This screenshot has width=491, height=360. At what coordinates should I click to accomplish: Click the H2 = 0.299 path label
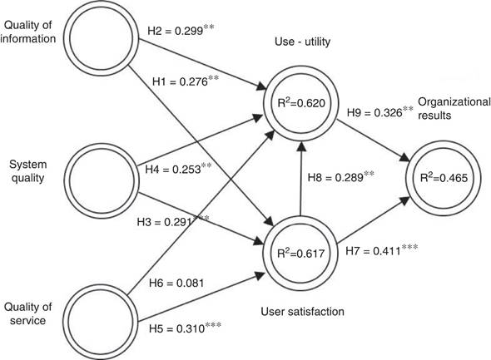(x=181, y=30)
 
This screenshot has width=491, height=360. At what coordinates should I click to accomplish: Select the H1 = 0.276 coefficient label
(x=186, y=81)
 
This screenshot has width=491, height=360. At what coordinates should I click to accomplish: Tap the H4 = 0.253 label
(x=178, y=169)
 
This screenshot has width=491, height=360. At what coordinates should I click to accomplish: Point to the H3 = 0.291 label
(x=173, y=221)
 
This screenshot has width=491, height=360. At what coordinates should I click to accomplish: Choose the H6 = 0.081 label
(x=176, y=283)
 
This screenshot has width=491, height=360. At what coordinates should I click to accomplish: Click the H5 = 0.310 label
(x=185, y=328)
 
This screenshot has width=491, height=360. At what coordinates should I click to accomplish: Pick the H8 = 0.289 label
(x=340, y=177)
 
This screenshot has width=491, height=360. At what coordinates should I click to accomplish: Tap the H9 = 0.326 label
(x=379, y=112)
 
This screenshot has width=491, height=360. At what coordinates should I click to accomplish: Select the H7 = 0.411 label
(x=382, y=251)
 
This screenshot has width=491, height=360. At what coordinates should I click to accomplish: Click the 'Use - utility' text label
(x=302, y=42)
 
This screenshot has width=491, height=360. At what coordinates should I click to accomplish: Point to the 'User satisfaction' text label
(x=302, y=312)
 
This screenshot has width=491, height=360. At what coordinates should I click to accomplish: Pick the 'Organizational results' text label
(x=454, y=109)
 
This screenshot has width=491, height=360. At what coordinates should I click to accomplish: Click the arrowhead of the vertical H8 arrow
(x=301, y=145)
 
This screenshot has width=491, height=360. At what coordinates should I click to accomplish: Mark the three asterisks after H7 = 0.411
(x=410, y=248)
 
